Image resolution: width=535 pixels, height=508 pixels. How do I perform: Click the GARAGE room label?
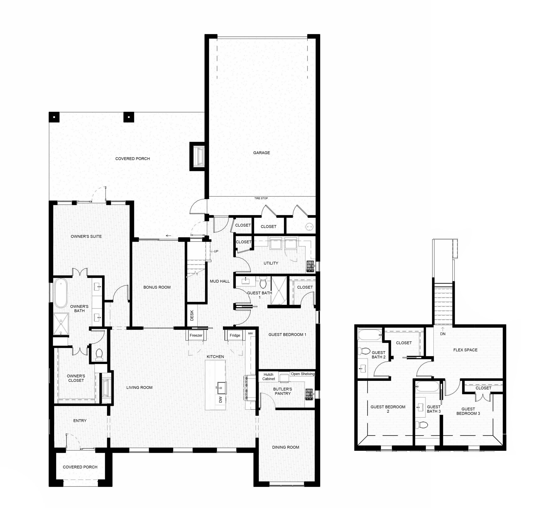[x=261, y=153]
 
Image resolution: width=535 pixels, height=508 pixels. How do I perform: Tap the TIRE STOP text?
[x=261, y=198]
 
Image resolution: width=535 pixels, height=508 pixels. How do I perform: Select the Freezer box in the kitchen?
[x=196, y=335]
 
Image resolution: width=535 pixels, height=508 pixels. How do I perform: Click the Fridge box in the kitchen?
[x=235, y=335]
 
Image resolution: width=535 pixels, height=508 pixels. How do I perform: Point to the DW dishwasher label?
[x=220, y=399]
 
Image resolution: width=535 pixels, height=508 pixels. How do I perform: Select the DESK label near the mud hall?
[x=192, y=315]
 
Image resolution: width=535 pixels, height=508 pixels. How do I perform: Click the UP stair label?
[x=216, y=251]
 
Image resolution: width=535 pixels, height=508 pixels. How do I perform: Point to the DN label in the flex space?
[x=443, y=334]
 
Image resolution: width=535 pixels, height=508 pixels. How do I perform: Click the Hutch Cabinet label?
[x=269, y=377]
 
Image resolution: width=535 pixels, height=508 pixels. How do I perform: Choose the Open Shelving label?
[x=303, y=374]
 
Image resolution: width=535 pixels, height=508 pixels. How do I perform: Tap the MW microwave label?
[x=250, y=333]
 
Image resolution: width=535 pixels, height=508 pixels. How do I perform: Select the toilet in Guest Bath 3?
[x=422, y=425]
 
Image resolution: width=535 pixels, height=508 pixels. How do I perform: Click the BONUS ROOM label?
[x=157, y=287]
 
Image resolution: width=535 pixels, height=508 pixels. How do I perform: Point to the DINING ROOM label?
[x=285, y=447]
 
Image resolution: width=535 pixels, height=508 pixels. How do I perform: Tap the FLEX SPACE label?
[x=465, y=350]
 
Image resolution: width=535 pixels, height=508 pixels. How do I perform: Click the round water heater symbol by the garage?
[x=309, y=227]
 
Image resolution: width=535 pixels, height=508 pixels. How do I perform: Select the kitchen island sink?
[x=221, y=387]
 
